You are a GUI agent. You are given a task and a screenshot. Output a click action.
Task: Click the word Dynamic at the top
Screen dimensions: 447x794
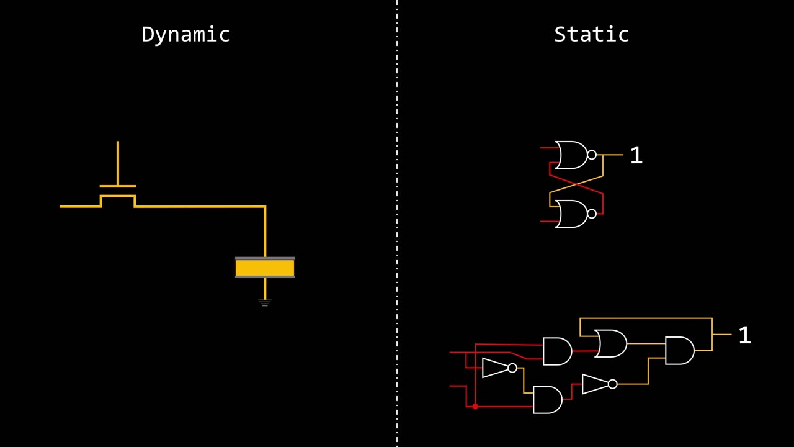(x=185, y=34)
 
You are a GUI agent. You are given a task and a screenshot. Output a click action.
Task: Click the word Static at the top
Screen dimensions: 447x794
(x=591, y=34)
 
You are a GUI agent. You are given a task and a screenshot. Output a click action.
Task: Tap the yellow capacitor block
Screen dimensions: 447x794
(x=265, y=268)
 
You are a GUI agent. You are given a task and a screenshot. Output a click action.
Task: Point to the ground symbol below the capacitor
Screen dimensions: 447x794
(x=265, y=303)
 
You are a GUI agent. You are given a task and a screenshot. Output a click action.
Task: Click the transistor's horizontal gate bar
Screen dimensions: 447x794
(x=117, y=186)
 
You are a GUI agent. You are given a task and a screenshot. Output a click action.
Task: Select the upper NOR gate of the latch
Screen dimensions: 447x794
(x=571, y=155)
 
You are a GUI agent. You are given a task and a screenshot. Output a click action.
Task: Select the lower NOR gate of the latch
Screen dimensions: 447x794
(x=571, y=214)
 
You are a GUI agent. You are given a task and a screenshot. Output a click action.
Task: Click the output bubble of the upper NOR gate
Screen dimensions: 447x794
(x=591, y=155)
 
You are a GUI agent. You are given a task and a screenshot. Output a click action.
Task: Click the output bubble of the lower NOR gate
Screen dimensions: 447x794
(x=591, y=214)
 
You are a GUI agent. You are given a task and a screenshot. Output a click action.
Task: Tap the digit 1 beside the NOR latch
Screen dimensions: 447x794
(x=636, y=156)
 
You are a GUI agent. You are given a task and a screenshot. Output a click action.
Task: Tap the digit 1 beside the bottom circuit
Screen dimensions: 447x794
(x=744, y=336)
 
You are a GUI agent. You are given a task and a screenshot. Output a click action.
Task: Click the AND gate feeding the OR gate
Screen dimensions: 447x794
(x=557, y=351)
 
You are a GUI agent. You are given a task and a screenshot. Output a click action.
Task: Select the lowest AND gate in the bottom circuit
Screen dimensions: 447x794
(x=547, y=400)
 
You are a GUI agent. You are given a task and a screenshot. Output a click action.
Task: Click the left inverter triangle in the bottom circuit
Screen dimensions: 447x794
(x=494, y=368)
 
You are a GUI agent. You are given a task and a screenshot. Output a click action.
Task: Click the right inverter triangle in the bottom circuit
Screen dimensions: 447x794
(x=595, y=384)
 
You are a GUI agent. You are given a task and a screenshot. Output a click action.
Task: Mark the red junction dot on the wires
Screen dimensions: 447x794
(x=475, y=406)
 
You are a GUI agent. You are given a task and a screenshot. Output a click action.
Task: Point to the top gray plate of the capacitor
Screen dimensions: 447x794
(x=265, y=258)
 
